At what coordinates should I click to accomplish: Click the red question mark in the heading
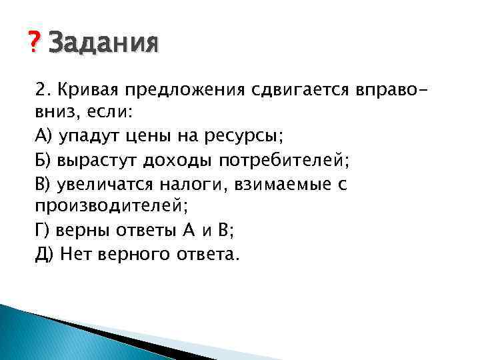(35, 43)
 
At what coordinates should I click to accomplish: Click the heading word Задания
(104, 44)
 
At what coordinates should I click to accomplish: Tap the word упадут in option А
(86, 137)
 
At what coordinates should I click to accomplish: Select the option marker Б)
(44, 160)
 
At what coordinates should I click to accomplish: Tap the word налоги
(196, 183)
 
